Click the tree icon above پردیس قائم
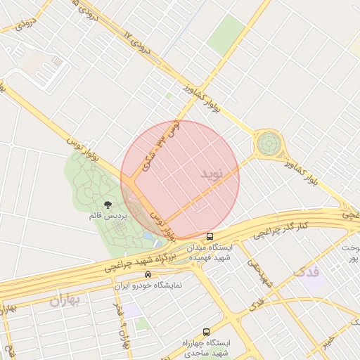click(107, 205)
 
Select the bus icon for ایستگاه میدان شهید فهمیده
click(210, 236)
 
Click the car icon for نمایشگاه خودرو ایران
click(148, 274)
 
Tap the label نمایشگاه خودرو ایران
click(148, 286)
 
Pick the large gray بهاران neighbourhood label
click(66, 300)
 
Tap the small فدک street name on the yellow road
click(257, 303)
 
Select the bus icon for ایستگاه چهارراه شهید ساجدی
click(206, 331)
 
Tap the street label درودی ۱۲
click(139, 43)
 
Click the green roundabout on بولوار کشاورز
click(268, 143)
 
